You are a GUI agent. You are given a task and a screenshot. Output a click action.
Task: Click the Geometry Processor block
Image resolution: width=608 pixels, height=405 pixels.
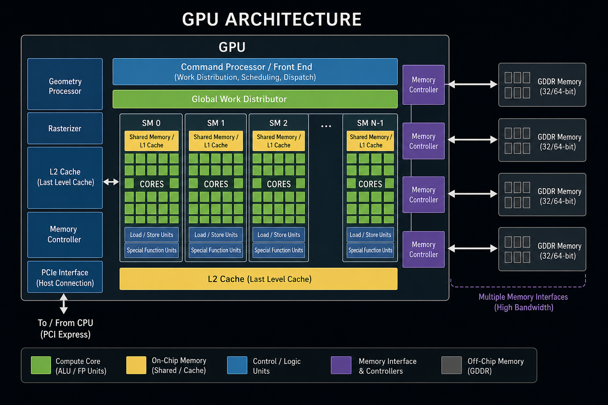(x=65, y=84)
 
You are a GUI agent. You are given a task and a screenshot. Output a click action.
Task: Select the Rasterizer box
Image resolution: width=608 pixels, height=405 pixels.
(x=65, y=128)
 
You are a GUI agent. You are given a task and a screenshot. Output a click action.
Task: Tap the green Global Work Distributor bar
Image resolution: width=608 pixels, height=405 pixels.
(x=255, y=99)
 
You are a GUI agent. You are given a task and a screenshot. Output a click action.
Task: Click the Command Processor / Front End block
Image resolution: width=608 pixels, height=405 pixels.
(x=255, y=72)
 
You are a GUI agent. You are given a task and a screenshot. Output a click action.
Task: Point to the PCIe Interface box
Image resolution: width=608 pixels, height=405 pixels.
(x=65, y=277)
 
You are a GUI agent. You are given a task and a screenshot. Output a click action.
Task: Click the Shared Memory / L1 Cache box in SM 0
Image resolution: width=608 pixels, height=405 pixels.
(x=152, y=141)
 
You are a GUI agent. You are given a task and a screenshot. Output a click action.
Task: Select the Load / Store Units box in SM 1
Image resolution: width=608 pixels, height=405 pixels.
(x=216, y=235)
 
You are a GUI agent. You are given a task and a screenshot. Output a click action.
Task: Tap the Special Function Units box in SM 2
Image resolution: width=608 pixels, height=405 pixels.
(x=279, y=250)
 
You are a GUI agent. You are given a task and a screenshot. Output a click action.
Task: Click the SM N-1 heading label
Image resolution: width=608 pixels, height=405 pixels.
(x=370, y=123)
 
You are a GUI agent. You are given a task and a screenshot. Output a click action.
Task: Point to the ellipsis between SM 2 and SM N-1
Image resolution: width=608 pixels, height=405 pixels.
(x=326, y=126)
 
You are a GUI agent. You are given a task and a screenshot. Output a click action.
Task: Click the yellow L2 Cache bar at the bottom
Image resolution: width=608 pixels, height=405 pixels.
(x=258, y=279)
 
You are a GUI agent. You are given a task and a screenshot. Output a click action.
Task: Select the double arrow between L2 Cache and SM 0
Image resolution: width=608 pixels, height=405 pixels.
(x=111, y=182)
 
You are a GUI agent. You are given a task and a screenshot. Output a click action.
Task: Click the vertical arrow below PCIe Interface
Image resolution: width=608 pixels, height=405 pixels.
(x=63, y=303)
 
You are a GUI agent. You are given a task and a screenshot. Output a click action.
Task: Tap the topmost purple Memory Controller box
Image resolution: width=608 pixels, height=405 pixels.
(x=424, y=85)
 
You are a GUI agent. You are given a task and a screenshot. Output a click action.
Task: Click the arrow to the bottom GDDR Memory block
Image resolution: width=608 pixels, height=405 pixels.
(x=473, y=248)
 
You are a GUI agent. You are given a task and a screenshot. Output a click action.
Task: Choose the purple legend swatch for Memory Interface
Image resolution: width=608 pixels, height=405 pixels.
(x=341, y=365)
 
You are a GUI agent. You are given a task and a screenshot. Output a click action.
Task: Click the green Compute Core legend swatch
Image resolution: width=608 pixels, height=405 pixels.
(x=41, y=365)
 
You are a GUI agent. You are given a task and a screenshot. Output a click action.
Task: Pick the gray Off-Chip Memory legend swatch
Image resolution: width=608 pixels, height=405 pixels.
(x=452, y=365)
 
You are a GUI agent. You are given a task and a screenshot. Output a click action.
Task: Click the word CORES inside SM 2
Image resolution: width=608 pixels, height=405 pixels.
(x=279, y=184)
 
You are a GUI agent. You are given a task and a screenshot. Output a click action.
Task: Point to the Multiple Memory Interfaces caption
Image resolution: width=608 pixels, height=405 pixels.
(x=523, y=302)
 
